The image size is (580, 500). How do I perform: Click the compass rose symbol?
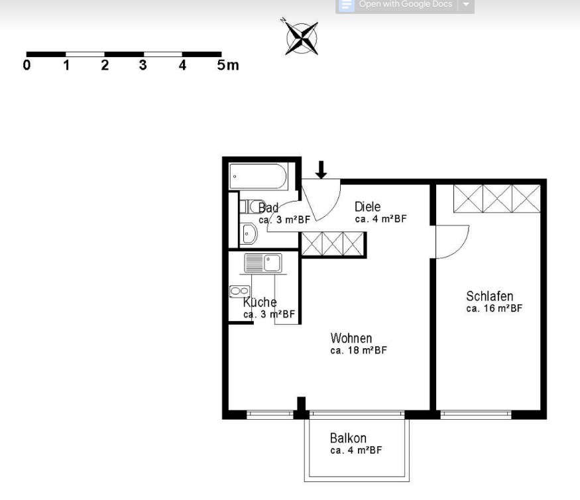click(x=302, y=38)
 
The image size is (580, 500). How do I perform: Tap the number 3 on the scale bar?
click(x=143, y=65)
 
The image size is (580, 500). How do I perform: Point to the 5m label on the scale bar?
click(x=228, y=65)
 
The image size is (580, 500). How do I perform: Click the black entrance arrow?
click(x=321, y=170)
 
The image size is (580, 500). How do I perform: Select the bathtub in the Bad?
click(x=259, y=176)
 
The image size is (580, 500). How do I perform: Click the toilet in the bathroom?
click(x=252, y=206)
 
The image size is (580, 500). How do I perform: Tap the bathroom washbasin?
click(x=249, y=233)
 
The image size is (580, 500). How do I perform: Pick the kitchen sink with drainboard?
click(x=263, y=263)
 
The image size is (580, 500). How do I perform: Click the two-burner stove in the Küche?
click(x=240, y=291)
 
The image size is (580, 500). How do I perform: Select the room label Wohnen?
click(x=351, y=338)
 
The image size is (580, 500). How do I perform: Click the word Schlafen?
click(x=489, y=296)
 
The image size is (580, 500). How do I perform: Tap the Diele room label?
click(x=367, y=206)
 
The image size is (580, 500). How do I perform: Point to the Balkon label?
click(x=348, y=438)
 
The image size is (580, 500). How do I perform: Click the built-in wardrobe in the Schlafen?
click(x=496, y=199)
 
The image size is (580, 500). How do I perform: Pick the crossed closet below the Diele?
click(x=333, y=244)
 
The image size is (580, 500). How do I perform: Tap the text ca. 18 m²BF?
click(x=359, y=350)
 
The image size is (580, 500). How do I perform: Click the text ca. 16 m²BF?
click(x=494, y=308)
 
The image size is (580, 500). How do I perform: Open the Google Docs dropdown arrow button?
click(x=466, y=5)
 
